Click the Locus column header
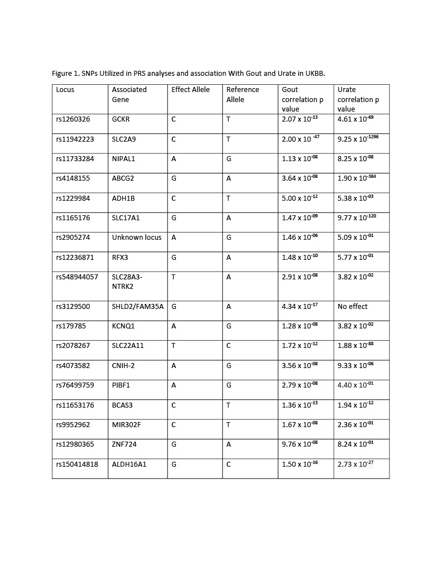pos(65,90)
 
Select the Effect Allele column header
pos(190,90)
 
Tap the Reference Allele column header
pos(242,94)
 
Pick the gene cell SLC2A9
pos(124,139)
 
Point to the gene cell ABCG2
pos(123,178)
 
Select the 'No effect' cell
pos(353,307)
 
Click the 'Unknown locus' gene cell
pos(137,238)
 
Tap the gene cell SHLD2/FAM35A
pos(138,307)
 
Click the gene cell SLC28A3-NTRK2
pos(127,282)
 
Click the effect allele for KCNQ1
pos(174,326)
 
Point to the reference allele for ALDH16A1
pos(228,464)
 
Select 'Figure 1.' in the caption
pos(66,73)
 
